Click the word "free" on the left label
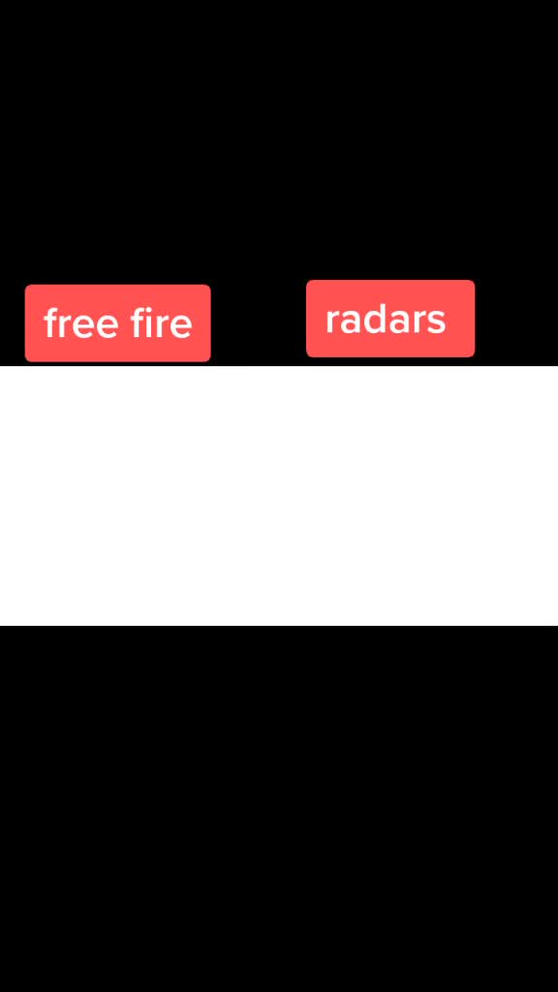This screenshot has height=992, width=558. pyautogui.click(x=81, y=324)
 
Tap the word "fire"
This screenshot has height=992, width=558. pyautogui.click(x=161, y=324)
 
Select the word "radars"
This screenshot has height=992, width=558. pyautogui.click(x=386, y=320)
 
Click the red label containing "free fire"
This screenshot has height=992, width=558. pyautogui.click(x=117, y=324)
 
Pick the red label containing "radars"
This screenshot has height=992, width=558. pyautogui.click(x=390, y=318)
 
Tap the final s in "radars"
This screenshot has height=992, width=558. pyautogui.click(x=436, y=323)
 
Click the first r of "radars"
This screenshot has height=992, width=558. pyautogui.click(x=332, y=323)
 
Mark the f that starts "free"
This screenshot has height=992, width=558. pyautogui.click(x=51, y=324)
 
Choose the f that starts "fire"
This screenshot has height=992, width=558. pyautogui.click(x=137, y=324)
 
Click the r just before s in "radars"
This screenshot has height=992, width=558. pyautogui.click(x=418, y=323)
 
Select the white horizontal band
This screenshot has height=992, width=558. pyautogui.click(x=279, y=495)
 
